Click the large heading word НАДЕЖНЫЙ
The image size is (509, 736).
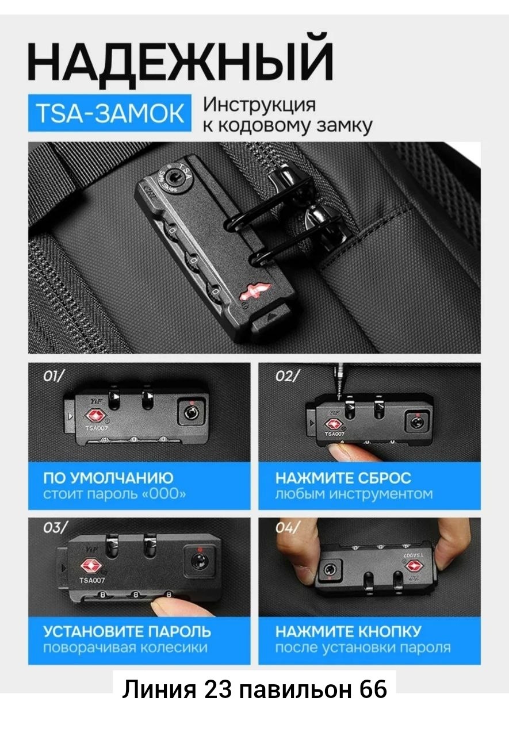pyautogui.click(x=181, y=60)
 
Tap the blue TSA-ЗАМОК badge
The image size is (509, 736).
pyautogui.click(x=110, y=113)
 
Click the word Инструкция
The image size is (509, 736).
pyautogui.click(x=259, y=105)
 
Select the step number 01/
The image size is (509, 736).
pyautogui.click(x=54, y=376)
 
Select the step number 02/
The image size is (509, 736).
pyautogui.click(x=288, y=376)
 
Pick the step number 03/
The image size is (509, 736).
pyautogui.click(x=55, y=528)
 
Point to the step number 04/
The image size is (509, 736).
pyautogui.click(x=288, y=528)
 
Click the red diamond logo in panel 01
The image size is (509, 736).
pyautogui.click(x=95, y=416)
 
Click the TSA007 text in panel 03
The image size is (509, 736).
pyautogui.click(x=93, y=580)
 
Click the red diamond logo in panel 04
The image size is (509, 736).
pyautogui.click(x=413, y=566)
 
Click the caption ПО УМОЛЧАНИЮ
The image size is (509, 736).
pyautogui.click(x=108, y=478)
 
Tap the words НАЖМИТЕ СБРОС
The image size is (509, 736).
pyautogui.click(x=343, y=478)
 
